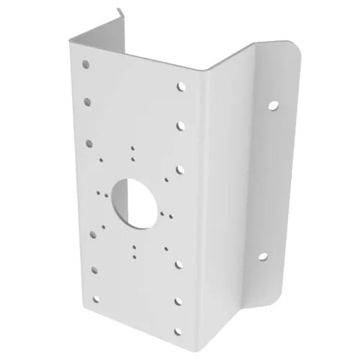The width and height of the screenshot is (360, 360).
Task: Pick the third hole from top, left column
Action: click(89, 142)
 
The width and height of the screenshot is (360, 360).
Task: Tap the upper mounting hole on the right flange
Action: click(273, 106)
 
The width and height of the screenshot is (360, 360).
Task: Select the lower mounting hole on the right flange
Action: click(262, 256)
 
